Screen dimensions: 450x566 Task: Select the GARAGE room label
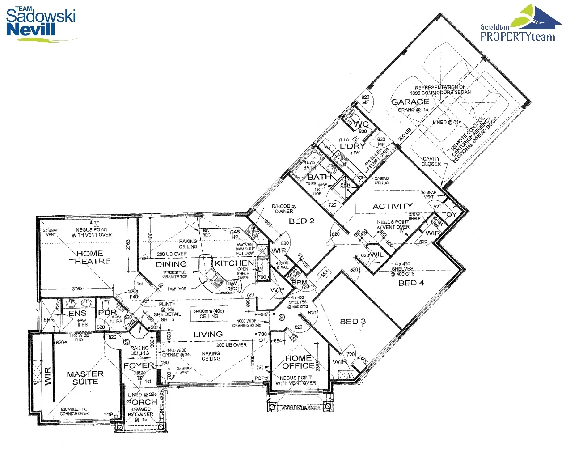tap(410, 102)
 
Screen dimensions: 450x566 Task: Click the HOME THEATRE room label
tap(90, 257)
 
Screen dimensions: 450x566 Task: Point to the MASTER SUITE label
tap(85, 378)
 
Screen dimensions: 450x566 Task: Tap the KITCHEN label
tap(234, 263)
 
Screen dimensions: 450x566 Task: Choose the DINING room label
tap(171, 264)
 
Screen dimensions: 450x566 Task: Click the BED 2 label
tap(301, 221)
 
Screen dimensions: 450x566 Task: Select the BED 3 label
tap(353, 322)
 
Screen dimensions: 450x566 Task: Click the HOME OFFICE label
tap(298, 362)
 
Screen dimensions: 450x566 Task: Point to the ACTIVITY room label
tap(392, 206)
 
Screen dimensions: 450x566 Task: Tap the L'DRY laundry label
tap(352, 146)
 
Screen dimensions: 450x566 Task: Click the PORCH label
tap(141, 402)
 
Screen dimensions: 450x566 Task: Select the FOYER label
tap(139, 365)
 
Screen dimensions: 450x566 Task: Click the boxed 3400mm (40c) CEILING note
tap(209, 314)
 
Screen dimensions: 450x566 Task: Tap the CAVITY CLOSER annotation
tap(431, 161)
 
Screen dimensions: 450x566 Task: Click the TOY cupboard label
tap(449, 214)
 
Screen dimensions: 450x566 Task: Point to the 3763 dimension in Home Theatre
tap(77, 289)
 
